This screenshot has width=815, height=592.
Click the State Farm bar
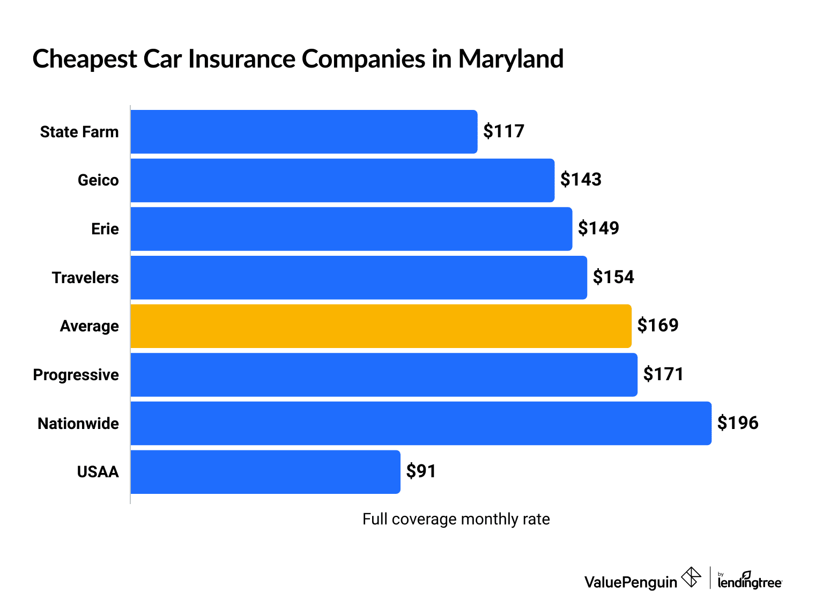click(303, 132)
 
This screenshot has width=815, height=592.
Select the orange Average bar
click(381, 326)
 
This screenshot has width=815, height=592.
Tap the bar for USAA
click(265, 472)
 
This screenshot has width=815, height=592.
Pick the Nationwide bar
click(421, 424)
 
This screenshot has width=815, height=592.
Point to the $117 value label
click(503, 131)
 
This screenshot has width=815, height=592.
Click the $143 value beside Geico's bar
click(581, 180)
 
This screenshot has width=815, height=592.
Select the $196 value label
click(738, 423)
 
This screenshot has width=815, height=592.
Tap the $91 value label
click(421, 471)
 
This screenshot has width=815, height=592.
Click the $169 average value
click(657, 325)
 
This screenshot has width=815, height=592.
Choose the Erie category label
click(105, 229)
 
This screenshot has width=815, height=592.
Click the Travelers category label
click(85, 278)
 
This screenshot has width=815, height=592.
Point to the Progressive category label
click(76, 375)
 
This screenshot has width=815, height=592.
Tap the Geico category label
click(98, 180)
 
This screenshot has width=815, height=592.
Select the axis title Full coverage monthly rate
click(456, 519)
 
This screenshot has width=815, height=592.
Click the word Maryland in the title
click(510, 59)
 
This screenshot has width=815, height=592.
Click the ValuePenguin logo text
click(631, 582)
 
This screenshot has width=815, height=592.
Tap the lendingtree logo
click(750, 580)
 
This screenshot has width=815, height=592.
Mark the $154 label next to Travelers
click(613, 277)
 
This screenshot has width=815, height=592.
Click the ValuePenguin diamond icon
click(691, 578)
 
